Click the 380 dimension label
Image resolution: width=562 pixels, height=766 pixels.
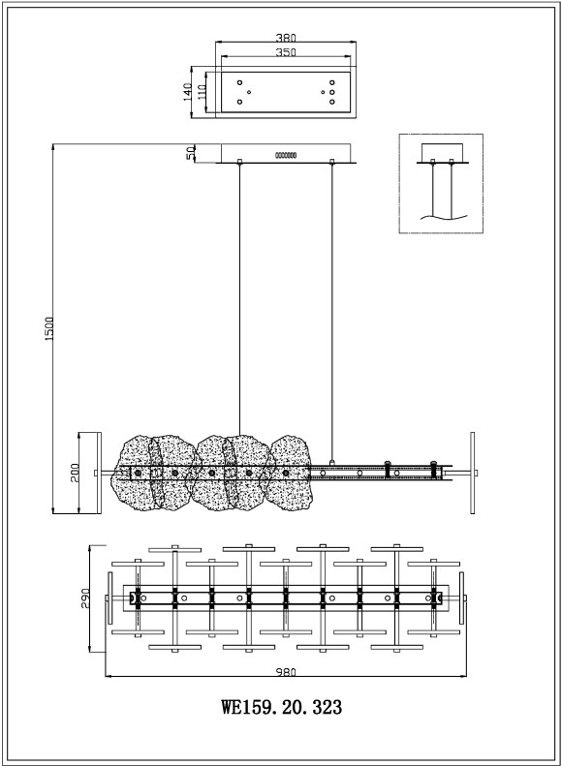pos(286,38)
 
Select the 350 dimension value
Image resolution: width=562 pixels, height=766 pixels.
pos(286,51)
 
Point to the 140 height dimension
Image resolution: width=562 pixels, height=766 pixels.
pos(187,92)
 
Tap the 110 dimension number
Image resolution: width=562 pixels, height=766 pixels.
pos(202,92)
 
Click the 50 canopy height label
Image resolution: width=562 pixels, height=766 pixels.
pos(192,153)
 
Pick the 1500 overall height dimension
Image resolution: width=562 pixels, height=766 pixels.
pos(49,328)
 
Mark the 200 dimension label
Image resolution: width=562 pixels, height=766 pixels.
pos(75,473)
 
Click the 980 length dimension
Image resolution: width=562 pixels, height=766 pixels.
pos(286,672)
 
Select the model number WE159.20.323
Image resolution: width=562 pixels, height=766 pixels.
pos(282,707)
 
